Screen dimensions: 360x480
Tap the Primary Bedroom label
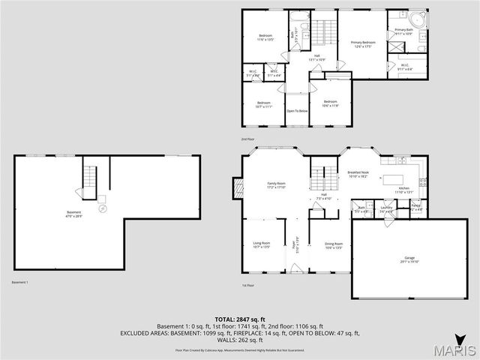pos(363,43)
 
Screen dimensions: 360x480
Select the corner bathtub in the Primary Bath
pos(416,16)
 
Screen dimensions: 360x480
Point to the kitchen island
pos(395,179)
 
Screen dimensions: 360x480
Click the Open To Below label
pos(297,111)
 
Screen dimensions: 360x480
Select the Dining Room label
pos(333,244)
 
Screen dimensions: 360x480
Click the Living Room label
pos(262,244)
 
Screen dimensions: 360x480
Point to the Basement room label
pos(74,214)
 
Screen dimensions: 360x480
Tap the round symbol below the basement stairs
pos(103,208)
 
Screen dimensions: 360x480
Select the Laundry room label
pos(387,208)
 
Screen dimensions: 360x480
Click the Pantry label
pos(415,205)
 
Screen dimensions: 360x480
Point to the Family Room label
pos(277,184)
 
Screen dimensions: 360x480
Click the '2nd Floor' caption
pos(248,139)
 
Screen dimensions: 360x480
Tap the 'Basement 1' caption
pos(20,282)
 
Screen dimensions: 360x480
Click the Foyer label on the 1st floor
pos(294,244)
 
